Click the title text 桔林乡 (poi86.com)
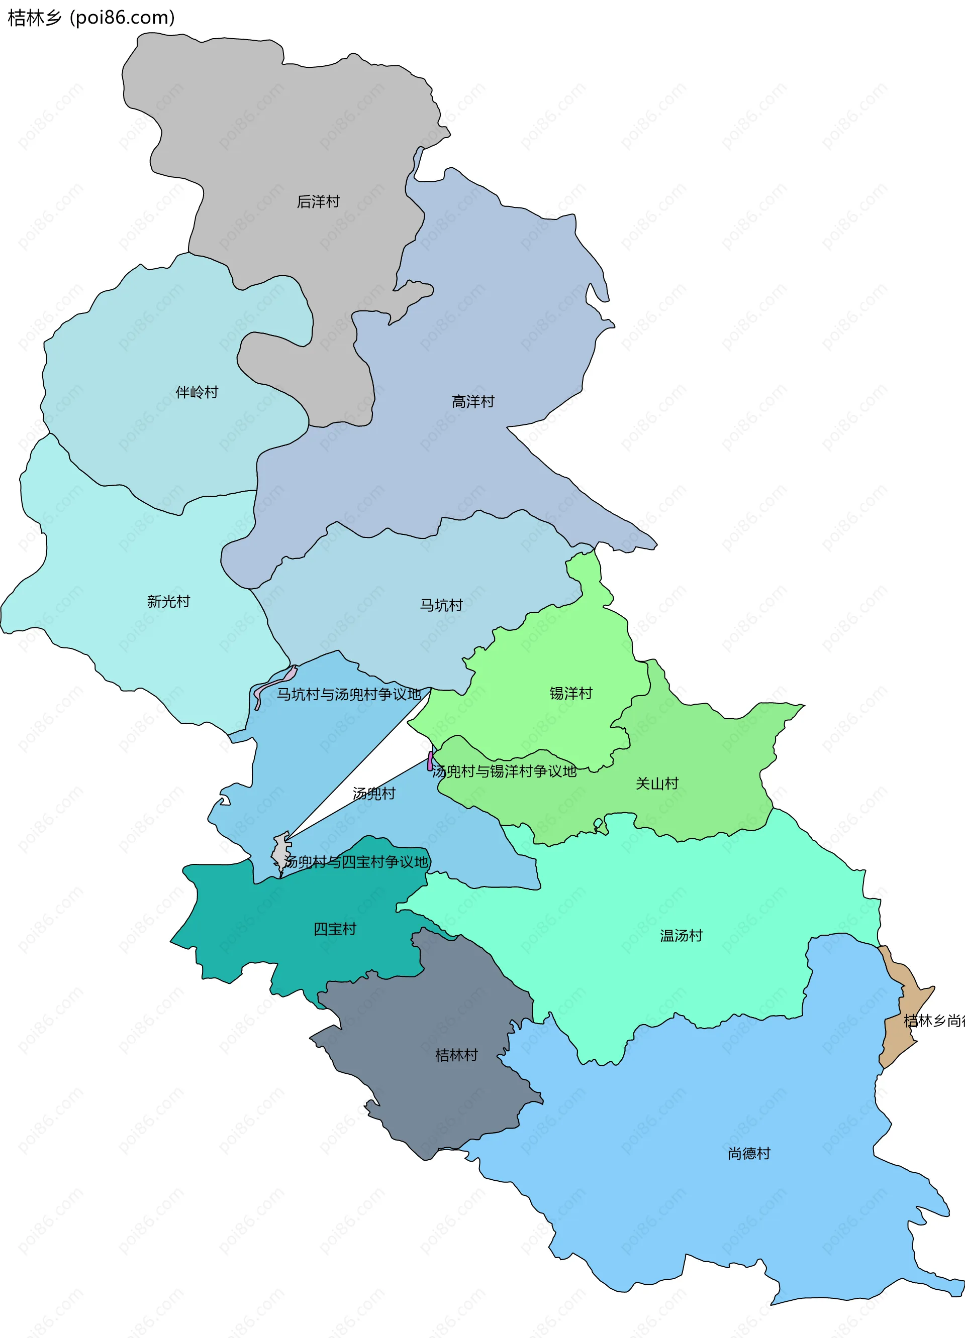91,18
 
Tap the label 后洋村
318,202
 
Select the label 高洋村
473,402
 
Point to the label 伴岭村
197,392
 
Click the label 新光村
168,601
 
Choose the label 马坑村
441,605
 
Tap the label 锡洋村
571,693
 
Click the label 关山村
657,784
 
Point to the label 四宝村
335,929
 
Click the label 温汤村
681,936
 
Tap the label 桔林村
456,1055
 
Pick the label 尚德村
749,1153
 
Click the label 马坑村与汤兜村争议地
349,695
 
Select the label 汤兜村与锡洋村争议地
504,771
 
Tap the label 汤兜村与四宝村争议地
356,862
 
